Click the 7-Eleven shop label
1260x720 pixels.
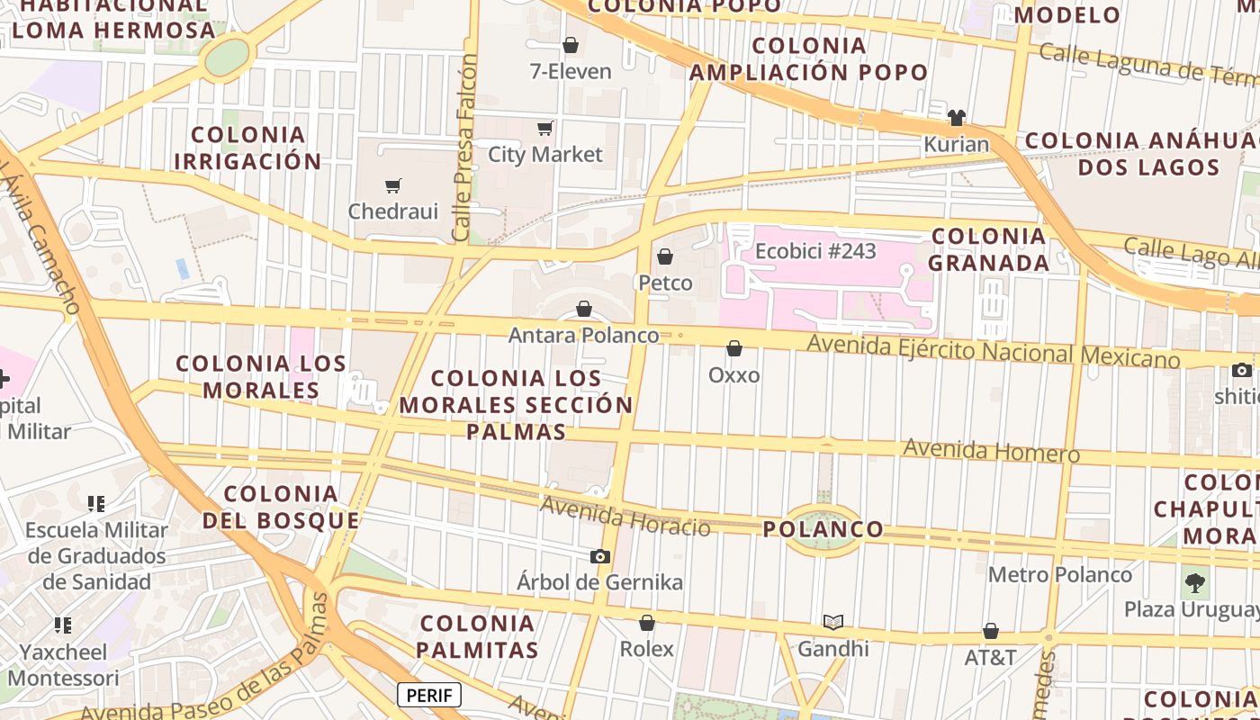(x=571, y=71)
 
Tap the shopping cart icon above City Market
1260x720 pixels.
(x=544, y=129)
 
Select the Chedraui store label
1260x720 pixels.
(x=393, y=211)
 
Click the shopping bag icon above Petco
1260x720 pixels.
(x=665, y=257)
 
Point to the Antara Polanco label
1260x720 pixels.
(x=584, y=336)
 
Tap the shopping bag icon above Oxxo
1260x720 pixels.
(x=734, y=348)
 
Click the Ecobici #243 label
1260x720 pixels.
(x=815, y=251)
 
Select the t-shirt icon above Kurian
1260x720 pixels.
(x=956, y=118)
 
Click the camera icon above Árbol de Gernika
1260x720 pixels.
(x=600, y=557)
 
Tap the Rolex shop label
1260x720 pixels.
(x=646, y=648)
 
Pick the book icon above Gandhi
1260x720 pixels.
(x=833, y=622)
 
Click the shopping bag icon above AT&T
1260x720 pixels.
(x=991, y=632)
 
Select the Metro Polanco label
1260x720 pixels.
(x=1060, y=574)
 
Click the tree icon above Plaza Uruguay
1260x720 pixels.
(x=1195, y=583)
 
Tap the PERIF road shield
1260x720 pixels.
(x=429, y=695)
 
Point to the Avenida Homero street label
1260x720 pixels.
(x=991, y=450)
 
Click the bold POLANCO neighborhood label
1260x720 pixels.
(x=823, y=529)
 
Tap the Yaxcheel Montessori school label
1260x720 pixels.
(x=63, y=664)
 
